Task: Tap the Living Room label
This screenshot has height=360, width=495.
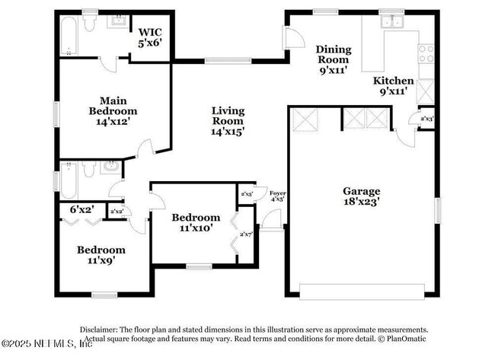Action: [x=227, y=121]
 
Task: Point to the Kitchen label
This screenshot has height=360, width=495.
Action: [x=394, y=86]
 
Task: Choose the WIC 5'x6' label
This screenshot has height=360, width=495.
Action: [x=150, y=39]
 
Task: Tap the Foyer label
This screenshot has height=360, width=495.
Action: [x=278, y=197]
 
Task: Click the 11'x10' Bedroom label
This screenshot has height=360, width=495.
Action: [x=195, y=222]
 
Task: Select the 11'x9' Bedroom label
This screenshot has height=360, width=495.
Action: [x=101, y=255]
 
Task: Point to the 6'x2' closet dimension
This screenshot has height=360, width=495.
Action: [x=82, y=209]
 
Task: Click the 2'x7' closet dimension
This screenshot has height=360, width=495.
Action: [x=246, y=234]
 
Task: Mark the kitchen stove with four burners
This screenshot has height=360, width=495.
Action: [x=425, y=53]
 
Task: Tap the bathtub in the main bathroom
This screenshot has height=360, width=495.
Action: [x=69, y=37]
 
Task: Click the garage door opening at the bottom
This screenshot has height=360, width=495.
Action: [x=362, y=291]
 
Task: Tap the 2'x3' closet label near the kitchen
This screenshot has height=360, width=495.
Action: [x=426, y=119]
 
